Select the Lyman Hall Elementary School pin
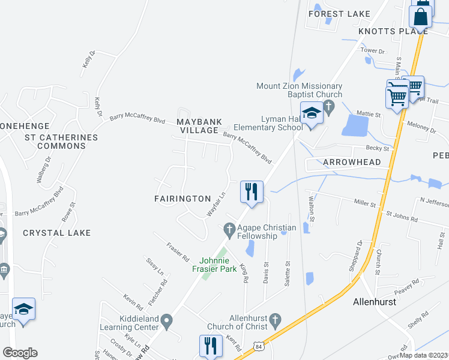point(312,114)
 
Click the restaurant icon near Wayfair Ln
point(252,192)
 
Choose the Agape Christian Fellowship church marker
point(229,228)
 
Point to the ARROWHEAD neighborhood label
point(352,163)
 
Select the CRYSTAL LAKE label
point(57,233)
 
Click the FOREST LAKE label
point(335,14)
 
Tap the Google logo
point(19,353)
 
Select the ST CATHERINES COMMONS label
point(60,143)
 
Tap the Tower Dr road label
point(372,51)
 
